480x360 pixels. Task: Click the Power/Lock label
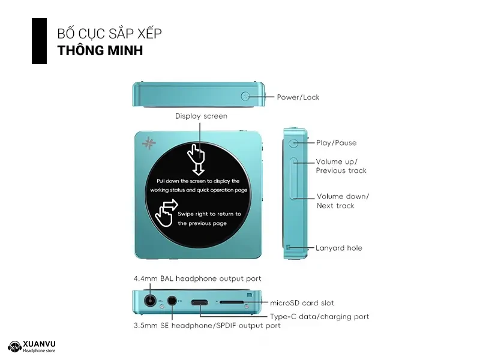point(298,97)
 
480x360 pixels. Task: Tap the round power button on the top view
point(246,96)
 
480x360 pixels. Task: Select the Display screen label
point(201,116)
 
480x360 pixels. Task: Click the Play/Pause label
point(336,143)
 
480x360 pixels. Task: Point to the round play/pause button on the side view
point(293,143)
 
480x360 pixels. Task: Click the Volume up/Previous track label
point(341,166)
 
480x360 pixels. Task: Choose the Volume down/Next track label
point(343,201)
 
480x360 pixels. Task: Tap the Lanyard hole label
point(339,248)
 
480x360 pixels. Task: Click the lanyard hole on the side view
point(289,247)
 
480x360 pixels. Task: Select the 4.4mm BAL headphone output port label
point(197,278)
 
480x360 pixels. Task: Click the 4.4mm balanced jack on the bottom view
point(149,301)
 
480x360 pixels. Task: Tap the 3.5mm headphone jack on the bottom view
point(173,301)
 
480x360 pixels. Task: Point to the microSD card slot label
point(302,303)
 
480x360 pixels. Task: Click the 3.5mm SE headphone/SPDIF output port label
point(206,326)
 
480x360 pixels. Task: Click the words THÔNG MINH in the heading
point(100,50)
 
